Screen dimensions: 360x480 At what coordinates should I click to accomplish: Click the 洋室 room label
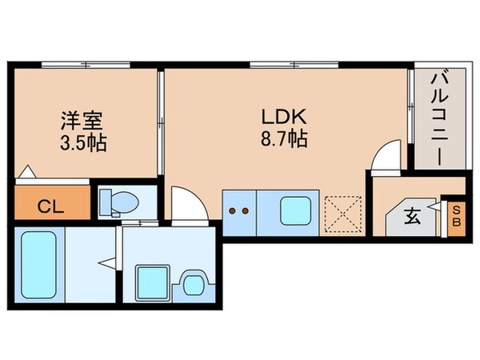[83, 122]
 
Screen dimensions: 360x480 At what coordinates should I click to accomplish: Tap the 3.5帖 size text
[83, 145]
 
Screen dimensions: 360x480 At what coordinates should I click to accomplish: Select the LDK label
[282, 115]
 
